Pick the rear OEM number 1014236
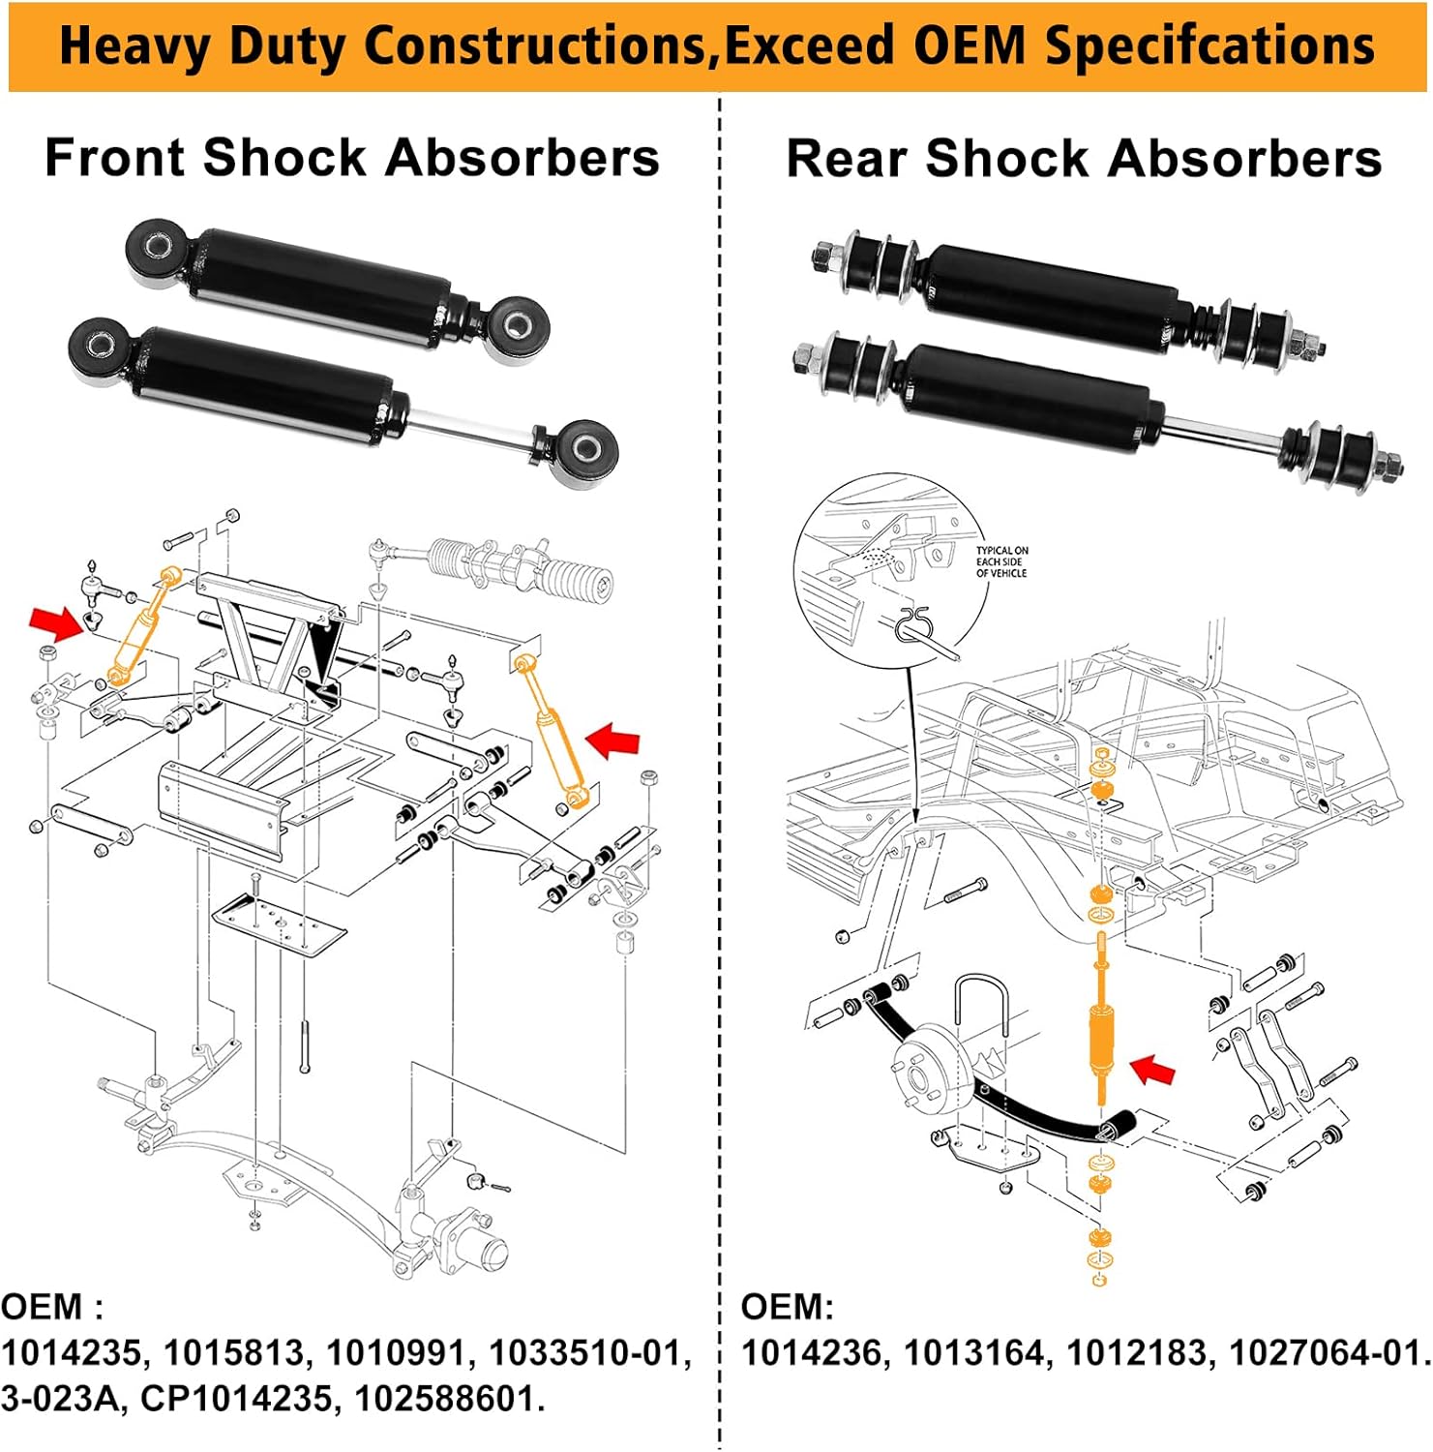pos(813,1352)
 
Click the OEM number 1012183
pos(1138,1352)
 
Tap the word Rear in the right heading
pos(847,159)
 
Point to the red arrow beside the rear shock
pos(1153,1070)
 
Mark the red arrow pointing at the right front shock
pos(613,742)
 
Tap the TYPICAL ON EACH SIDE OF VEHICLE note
pos(1001,561)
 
